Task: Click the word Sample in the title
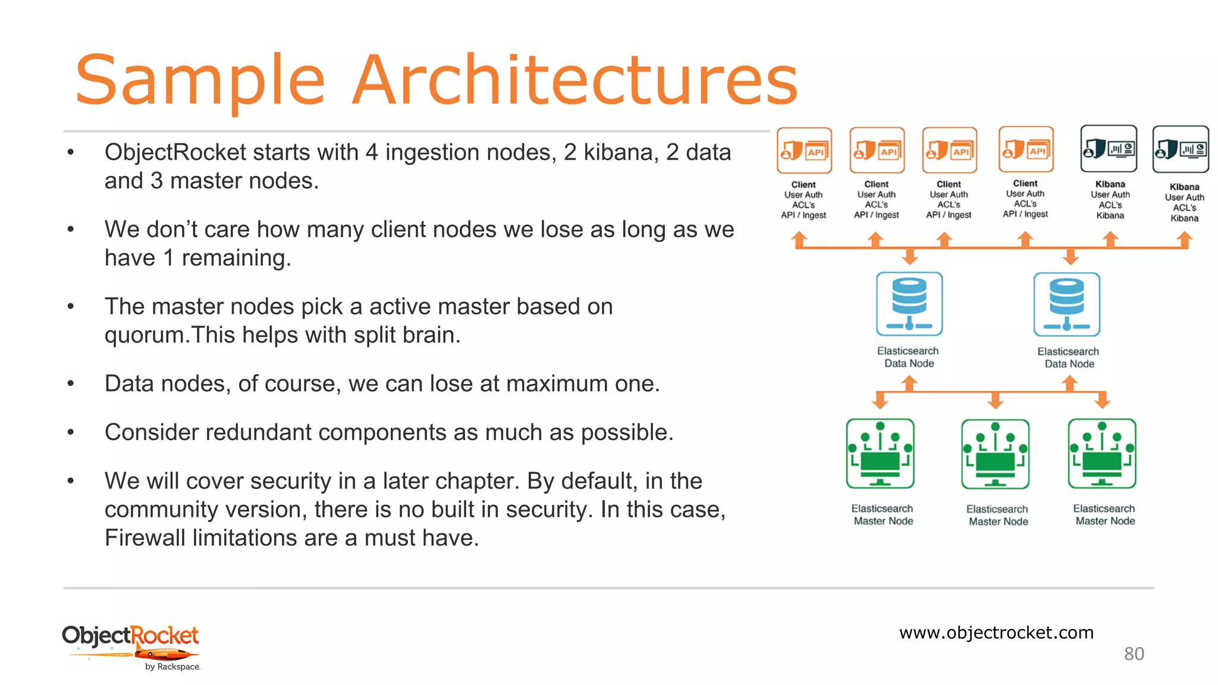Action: point(200,80)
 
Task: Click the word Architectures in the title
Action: point(575,80)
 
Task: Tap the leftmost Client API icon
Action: point(804,150)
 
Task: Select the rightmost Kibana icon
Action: point(1181,149)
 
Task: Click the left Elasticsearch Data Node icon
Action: point(909,304)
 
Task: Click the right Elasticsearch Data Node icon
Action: point(1067,304)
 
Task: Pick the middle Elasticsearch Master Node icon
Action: point(995,454)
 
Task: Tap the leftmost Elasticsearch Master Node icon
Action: point(880,454)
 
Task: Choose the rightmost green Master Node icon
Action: point(1102,454)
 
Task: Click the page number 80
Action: point(1134,654)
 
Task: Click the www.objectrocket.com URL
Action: point(996,632)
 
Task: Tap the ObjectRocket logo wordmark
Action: point(130,636)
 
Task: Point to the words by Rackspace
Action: point(172,667)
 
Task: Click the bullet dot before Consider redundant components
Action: point(71,433)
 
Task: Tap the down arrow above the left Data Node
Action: point(910,257)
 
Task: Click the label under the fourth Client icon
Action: point(1025,199)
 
